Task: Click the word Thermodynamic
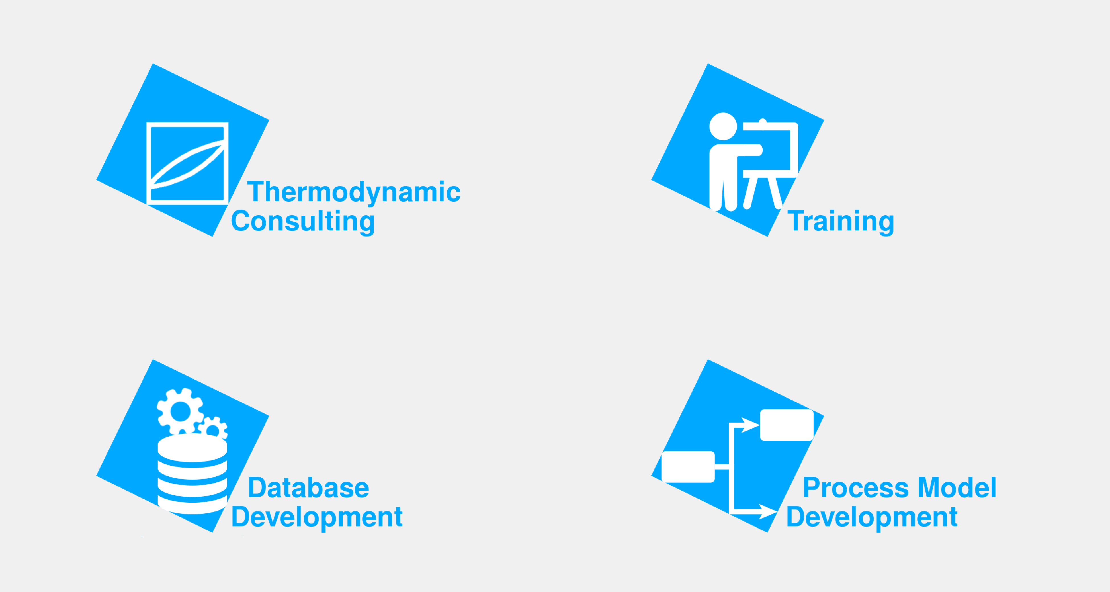(x=354, y=192)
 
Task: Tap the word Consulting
(x=303, y=222)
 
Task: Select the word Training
(x=841, y=222)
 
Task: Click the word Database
(x=308, y=488)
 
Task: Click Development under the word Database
(x=317, y=517)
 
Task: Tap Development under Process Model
(x=872, y=517)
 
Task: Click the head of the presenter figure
(x=723, y=126)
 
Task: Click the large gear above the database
(x=180, y=411)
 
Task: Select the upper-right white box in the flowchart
(x=787, y=425)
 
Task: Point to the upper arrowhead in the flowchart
(x=750, y=425)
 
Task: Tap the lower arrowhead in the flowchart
(x=768, y=511)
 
